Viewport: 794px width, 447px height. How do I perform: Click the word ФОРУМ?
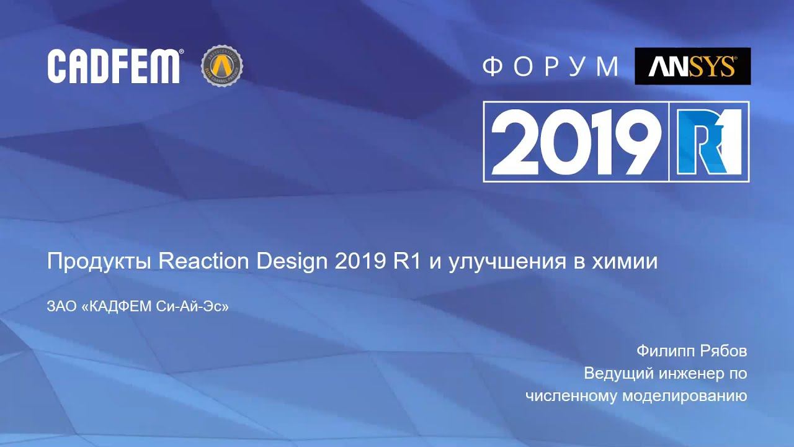pyautogui.click(x=551, y=66)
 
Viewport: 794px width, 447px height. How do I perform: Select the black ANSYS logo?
pyautogui.click(x=692, y=66)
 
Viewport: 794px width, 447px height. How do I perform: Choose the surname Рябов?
pyautogui.click(x=723, y=351)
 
